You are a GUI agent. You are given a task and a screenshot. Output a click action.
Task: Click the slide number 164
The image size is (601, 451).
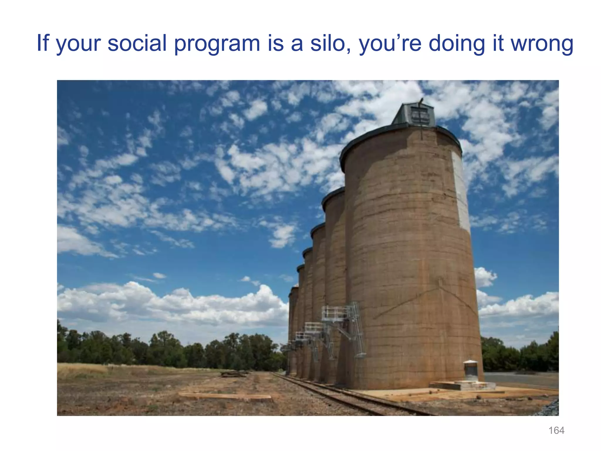coord(556,430)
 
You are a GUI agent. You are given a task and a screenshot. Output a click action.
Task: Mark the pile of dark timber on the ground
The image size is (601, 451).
coord(233,374)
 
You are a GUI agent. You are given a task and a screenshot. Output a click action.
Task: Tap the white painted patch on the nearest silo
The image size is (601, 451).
coord(461,191)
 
